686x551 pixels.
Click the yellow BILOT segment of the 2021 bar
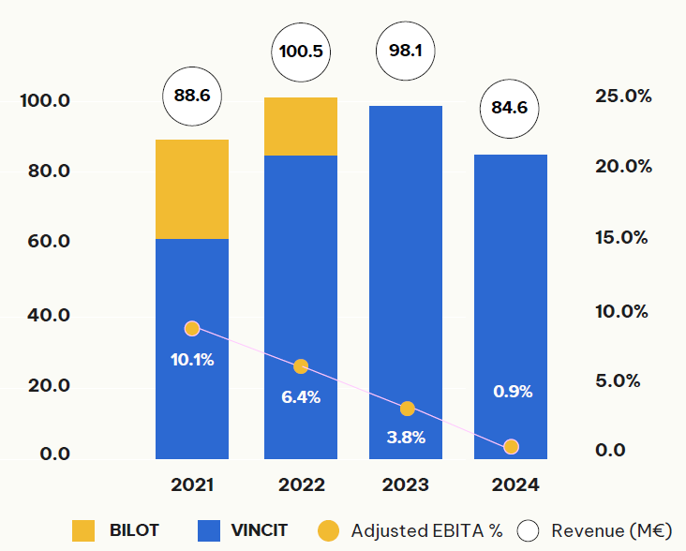point(192,189)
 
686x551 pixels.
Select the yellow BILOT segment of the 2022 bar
point(301,127)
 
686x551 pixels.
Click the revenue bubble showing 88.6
point(192,97)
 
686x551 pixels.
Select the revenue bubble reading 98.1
point(406,52)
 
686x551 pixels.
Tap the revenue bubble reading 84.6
point(511,108)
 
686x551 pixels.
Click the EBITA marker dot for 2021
point(192,328)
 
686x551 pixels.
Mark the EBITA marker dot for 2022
point(301,366)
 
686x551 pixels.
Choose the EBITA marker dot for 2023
point(406,409)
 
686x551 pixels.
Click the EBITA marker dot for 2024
point(511,447)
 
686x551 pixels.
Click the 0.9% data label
point(513,392)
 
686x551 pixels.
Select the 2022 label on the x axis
point(301,485)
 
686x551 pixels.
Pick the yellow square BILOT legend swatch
point(84,531)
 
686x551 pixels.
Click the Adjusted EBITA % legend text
point(426,531)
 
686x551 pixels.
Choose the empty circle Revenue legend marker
point(529,531)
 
